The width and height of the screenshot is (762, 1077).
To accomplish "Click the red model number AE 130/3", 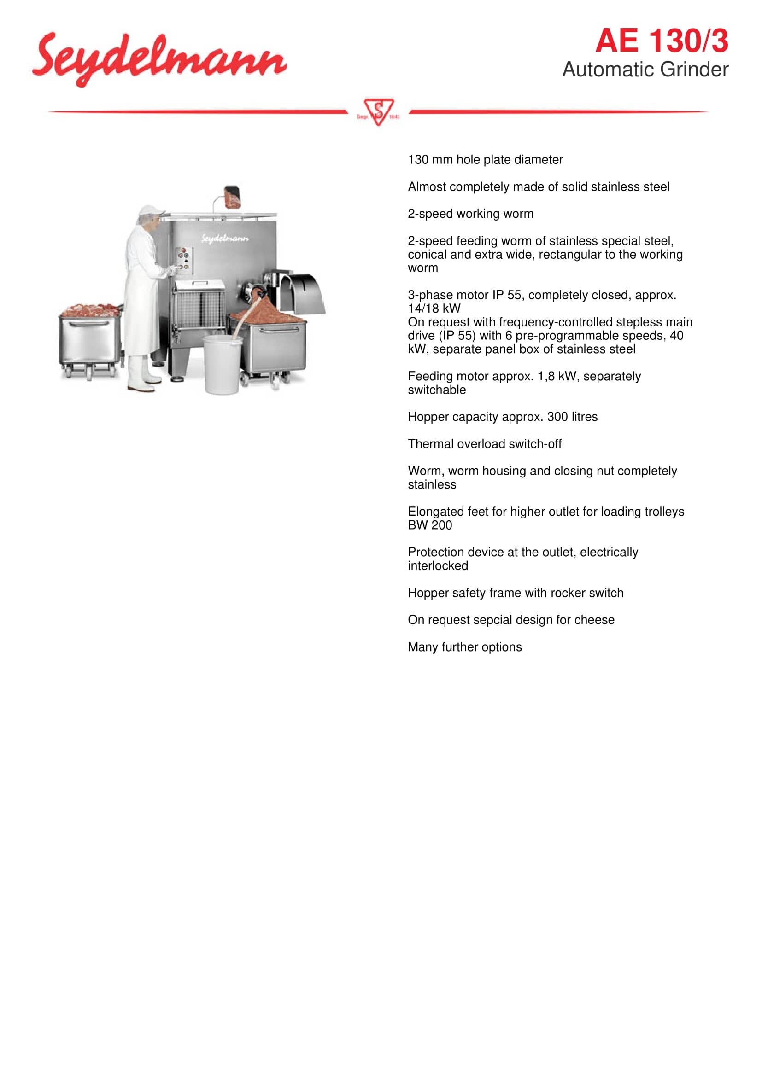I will click(661, 41).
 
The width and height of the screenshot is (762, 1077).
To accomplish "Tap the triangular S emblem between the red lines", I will click(378, 111).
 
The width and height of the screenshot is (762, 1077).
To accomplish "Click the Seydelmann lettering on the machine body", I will click(225, 239).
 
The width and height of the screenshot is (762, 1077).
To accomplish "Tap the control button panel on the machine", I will click(183, 260).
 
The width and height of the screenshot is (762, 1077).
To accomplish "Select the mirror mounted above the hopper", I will click(232, 197).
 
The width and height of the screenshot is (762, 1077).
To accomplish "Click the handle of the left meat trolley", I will click(89, 323).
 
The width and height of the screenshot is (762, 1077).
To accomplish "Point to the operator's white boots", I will click(142, 375).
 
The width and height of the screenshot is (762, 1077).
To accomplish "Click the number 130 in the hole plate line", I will click(417, 160).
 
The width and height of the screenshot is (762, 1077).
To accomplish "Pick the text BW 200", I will click(430, 525).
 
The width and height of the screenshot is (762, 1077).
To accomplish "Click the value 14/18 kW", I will click(434, 309).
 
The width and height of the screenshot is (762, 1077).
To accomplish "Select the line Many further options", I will click(464, 647).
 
